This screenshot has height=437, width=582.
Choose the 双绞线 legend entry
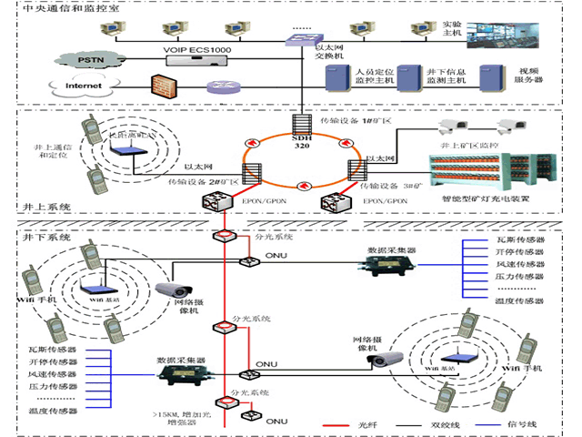(442, 424)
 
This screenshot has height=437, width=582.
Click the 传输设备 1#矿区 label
(355, 120)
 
